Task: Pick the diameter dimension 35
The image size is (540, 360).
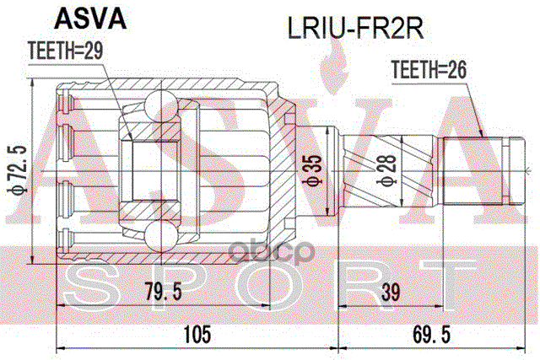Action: click(311, 169)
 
